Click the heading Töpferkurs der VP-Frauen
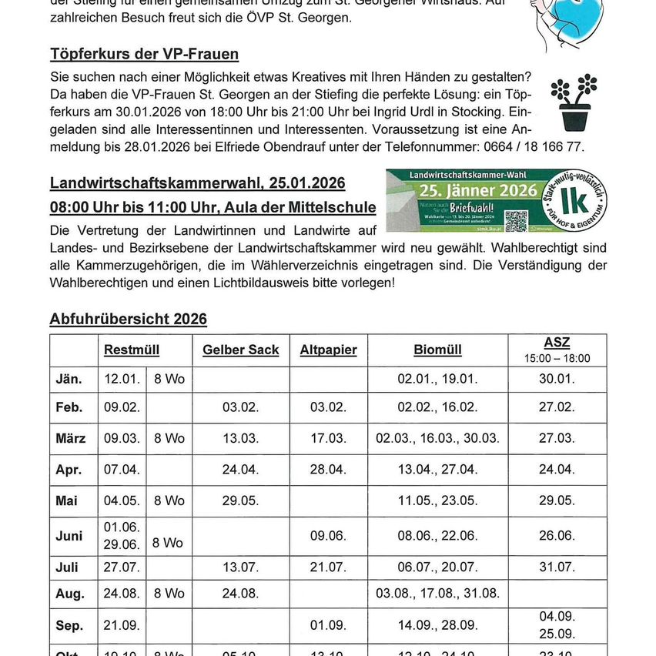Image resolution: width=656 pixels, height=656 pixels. click(144, 54)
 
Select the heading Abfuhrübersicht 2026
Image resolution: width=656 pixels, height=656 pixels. click(128, 319)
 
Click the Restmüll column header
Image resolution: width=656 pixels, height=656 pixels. click(132, 350)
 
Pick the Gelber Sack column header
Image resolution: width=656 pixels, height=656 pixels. click(240, 350)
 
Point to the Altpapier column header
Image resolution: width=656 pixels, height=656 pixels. click(328, 350)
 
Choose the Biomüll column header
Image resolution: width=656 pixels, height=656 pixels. click(437, 350)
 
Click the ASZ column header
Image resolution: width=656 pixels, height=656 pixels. click(557, 343)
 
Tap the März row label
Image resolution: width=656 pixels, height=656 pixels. click(71, 438)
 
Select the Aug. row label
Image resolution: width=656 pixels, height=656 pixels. click(70, 594)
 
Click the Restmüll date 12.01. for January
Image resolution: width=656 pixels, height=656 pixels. click(122, 379)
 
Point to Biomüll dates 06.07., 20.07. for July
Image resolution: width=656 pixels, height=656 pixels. click(437, 567)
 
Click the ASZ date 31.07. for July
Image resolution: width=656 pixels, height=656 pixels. click(557, 567)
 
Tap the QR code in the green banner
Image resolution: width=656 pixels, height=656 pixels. click(517, 220)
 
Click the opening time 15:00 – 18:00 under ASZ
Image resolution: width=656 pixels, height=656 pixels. click(557, 358)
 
